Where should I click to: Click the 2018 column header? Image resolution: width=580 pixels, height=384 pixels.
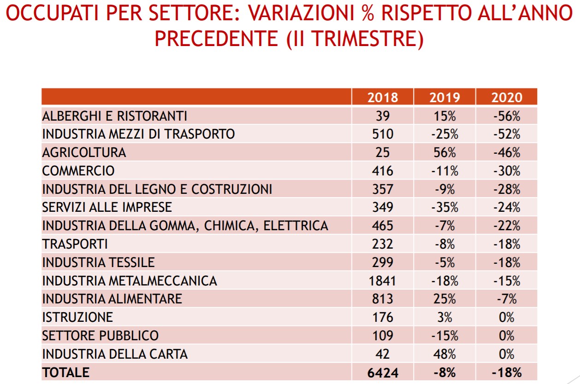click(x=383, y=97)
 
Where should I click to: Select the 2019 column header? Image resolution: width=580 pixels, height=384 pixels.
click(x=444, y=97)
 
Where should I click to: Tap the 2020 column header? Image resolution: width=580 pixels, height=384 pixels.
click(x=506, y=97)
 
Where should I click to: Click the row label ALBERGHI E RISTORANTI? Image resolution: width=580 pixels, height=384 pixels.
click(x=114, y=116)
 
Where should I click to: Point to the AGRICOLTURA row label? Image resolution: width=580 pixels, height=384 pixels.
click(x=84, y=152)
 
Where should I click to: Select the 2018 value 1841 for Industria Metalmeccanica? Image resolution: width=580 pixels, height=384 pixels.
click(x=383, y=280)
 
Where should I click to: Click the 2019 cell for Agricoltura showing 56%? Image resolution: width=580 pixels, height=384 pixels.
click(x=444, y=152)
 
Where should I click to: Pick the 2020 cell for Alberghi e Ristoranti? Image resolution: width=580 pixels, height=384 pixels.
click(x=506, y=116)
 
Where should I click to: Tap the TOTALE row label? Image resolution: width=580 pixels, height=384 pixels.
click(x=65, y=372)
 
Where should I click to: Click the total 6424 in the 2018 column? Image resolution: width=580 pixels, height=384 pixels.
click(x=383, y=372)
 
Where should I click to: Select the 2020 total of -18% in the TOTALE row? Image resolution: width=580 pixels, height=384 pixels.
click(x=506, y=372)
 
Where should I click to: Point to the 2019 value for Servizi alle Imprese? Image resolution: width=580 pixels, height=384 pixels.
click(x=444, y=207)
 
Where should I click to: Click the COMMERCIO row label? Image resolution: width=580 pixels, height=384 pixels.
click(x=78, y=171)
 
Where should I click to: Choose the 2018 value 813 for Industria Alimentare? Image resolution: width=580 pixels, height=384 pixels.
click(x=383, y=299)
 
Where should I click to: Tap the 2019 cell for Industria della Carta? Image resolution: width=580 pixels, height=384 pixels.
click(x=444, y=354)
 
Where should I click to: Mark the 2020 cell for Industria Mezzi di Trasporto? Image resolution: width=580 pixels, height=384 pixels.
click(x=506, y=134)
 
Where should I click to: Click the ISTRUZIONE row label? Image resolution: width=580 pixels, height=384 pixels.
click(x=77, y=317)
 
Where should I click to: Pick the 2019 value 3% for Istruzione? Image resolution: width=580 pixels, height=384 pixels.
click(x=444, y=317)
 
